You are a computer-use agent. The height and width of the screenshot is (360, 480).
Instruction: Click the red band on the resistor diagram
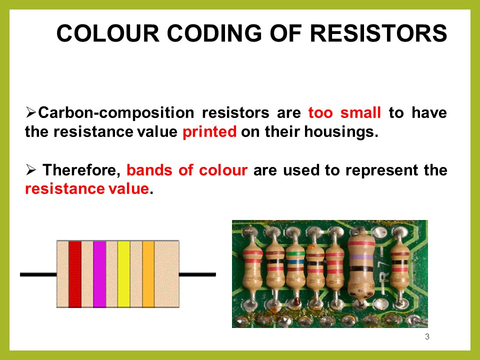(75, 274)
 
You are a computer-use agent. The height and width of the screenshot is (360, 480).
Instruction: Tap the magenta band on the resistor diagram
(99, 274)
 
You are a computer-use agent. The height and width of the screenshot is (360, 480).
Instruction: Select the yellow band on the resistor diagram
(123, 274)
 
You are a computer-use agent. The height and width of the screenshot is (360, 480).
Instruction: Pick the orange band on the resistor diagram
(148, 274)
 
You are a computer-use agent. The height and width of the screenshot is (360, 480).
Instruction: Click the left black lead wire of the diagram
(38, 274)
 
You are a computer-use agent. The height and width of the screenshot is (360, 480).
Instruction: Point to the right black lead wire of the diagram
(197, 274)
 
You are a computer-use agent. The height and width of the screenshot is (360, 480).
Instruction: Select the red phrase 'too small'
(345, 112)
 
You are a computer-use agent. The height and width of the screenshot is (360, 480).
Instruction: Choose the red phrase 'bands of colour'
(187, 170)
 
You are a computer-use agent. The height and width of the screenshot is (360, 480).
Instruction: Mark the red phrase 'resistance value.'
(87, 190)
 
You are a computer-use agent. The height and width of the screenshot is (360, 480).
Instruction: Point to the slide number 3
(426, 336)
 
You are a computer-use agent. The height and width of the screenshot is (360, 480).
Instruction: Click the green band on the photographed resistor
(294, 253)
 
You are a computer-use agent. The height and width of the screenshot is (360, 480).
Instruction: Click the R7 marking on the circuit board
(382, 280)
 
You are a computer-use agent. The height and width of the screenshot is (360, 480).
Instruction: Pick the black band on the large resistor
(360, 269)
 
